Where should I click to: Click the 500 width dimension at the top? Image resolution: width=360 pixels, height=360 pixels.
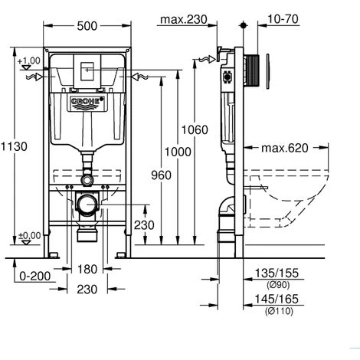click(87, 26)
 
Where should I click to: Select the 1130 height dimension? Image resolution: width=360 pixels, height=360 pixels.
click(14, 146)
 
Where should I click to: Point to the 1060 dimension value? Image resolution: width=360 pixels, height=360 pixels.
click(195, 130)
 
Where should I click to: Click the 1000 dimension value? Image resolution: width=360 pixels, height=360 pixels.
click(178, 152)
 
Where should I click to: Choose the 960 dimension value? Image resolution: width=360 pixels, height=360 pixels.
click(161, 175)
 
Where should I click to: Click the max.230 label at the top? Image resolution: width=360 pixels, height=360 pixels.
click(184, 19)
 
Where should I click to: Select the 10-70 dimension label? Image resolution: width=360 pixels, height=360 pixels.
click(283, 19)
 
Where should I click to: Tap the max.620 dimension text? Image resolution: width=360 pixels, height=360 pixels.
click(285, 148)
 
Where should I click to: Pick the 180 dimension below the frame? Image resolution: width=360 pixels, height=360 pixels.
click(87, 270)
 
